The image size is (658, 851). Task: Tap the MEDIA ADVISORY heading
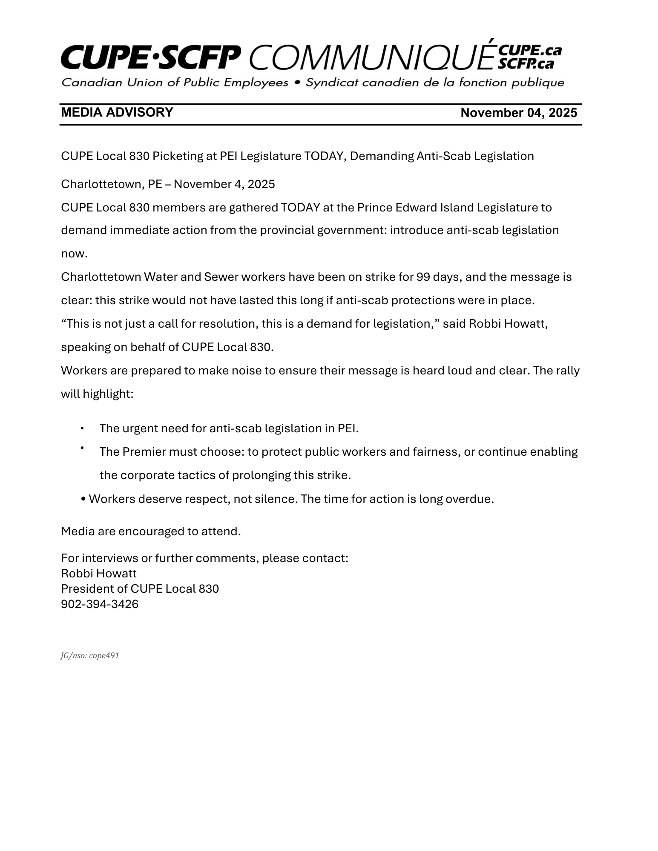click(117, 112)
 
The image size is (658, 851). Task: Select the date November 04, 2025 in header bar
click(519, 113)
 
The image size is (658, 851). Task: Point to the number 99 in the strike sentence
click(423, 277)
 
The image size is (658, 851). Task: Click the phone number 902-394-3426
click(100, 604)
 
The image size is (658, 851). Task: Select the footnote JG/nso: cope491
click(90, 656)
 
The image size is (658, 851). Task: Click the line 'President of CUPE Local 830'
click(140, 589)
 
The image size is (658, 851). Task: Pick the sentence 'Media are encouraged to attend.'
click(151, 531)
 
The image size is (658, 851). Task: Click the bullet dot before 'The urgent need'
click(82, 428)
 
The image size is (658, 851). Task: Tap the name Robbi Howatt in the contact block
click(99, 574)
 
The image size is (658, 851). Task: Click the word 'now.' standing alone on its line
click(74, 254)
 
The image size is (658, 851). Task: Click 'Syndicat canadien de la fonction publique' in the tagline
click(435, 83)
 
